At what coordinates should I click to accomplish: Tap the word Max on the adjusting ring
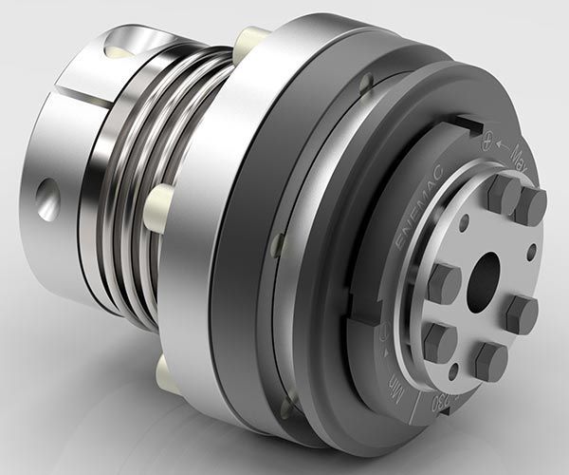tap(521, 153)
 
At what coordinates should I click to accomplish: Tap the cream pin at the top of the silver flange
tap(252, 39)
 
